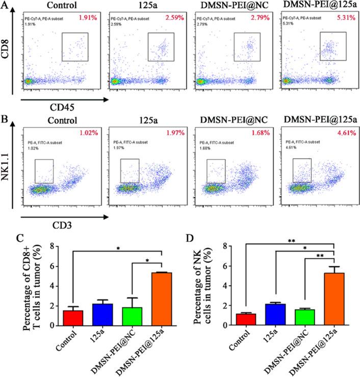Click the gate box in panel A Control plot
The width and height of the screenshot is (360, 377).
coord(75,47)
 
